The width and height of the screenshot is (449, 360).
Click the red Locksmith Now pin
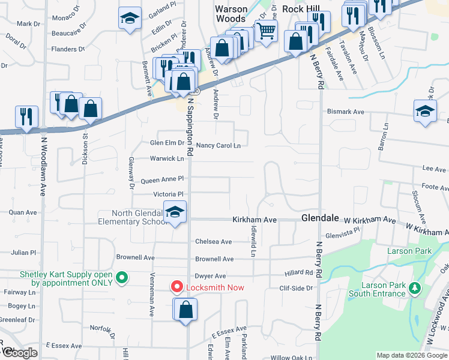coord(177,287)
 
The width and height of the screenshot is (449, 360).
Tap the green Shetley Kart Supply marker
coord(122,277)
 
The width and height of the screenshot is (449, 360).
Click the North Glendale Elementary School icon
coord(175,212)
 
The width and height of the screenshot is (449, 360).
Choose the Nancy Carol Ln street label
coord(218,145)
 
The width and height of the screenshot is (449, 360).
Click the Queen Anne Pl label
coord(161,180)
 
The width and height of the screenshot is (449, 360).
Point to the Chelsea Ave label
coord(213,242)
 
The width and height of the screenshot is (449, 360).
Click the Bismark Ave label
coord(346,112)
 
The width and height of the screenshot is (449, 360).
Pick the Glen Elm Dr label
coord(167,143)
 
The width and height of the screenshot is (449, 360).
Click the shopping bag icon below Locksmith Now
coord(185,310)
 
